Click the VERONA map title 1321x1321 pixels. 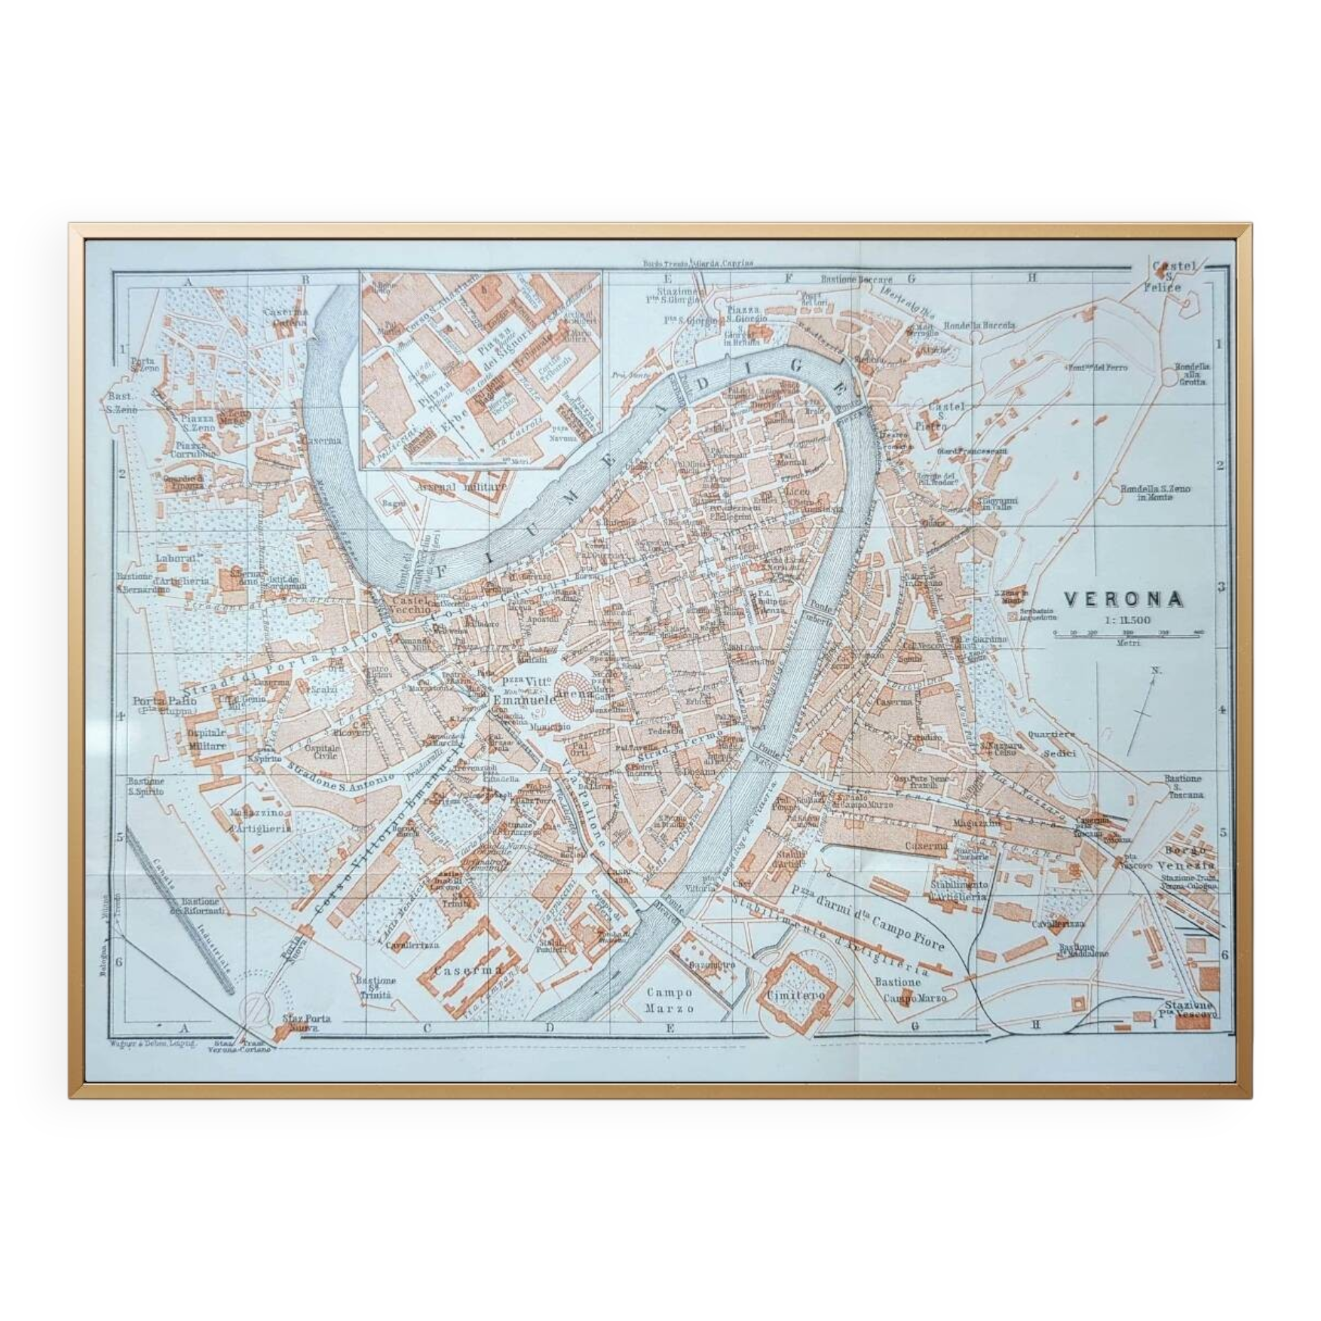[x=1124, y=600]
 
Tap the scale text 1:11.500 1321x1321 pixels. [x=1127, y=620]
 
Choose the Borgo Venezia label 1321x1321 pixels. [x=1190, y=858]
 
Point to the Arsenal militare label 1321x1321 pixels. [x=462, y=487]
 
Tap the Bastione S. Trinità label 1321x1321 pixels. [x=375, y=987]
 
